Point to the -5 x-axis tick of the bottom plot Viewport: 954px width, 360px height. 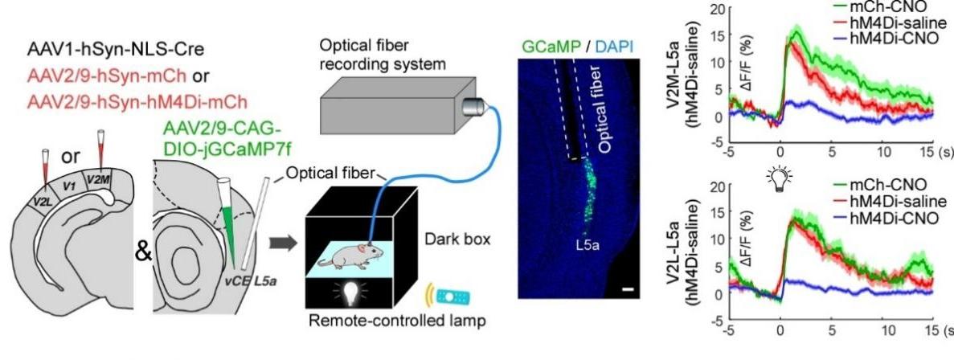pyautogui.click(x=727, y=332)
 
